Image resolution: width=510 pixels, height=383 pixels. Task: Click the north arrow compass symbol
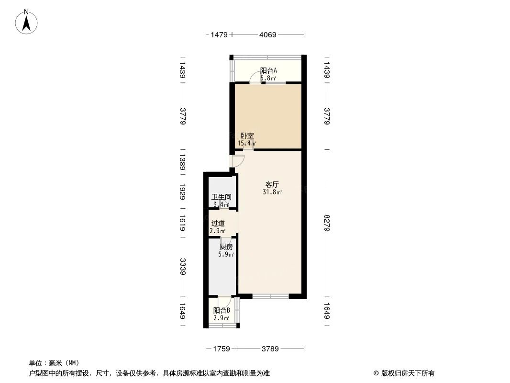(26, 22)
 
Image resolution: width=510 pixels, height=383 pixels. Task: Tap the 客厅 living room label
(272, 184)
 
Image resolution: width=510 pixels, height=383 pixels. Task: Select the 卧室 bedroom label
(247, 135)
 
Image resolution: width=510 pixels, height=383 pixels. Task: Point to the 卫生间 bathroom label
(222, 197)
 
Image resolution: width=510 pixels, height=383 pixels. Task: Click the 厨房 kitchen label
(226, 247)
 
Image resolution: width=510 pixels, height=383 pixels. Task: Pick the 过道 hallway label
(218, 224)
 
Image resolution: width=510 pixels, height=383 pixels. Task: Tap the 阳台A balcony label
(268, 70)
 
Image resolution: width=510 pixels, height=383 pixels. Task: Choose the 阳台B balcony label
(222, 310)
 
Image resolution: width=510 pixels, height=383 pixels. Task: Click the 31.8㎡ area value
(272, 192)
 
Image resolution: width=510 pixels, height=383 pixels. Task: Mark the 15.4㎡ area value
(247, 143)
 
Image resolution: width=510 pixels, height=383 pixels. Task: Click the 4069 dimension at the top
(268, 34)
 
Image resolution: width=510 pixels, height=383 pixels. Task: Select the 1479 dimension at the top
(219, 34)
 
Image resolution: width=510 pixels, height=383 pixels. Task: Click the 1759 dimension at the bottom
(222, 349)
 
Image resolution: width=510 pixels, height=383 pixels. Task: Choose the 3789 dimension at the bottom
(270, 349)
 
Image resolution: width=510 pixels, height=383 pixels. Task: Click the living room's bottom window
(271, 296)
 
